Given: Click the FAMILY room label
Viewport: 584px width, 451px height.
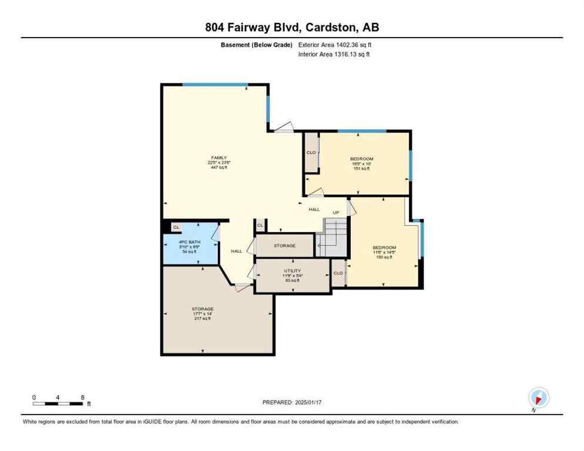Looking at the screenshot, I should pyautogui.click(x=219, y=157).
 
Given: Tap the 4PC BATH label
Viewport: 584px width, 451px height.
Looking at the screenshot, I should pyautogui.click(x=189, y=242).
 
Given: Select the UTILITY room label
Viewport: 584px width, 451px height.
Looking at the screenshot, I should pyautogui.click(x=292, y=271).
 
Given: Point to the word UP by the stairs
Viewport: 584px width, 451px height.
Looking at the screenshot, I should pyautogui.click(x=336, y=212).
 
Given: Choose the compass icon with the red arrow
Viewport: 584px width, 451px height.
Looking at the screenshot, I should pyautogui.click(x=538, y=398).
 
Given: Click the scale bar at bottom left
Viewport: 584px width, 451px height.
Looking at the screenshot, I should pyautogui.click(x=58, y=403).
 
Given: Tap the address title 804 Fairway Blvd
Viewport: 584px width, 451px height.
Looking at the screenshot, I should pyautogui.click(x=291, y=27).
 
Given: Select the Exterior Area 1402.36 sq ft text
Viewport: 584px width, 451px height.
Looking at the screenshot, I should pyautogui.click(x=334, y=45).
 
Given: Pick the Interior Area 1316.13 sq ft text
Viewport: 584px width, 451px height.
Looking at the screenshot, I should pyautogui.click(x=334, y=55).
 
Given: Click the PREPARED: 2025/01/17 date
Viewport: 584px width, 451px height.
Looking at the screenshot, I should pyautogui.click(x=291, y=402).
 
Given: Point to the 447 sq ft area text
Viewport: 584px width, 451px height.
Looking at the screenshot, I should pyautogui.click(x=219, y=167).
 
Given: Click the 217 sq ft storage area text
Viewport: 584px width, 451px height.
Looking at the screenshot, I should pyautogui.click(x=202, y=319).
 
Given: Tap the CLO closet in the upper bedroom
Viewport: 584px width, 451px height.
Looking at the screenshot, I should pyautogui.click(x=311, y=153).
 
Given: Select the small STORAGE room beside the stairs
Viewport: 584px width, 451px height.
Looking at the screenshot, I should pyautogui.click(x=284, y=245).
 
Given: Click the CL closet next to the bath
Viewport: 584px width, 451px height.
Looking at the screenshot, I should pyautogui.click(x=176, y=227).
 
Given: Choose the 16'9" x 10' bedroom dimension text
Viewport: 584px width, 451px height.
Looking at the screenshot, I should pyautogui.click(x=361, y=164).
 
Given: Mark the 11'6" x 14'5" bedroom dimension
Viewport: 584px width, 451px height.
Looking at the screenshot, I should pyautogui.click(x=384, y=253).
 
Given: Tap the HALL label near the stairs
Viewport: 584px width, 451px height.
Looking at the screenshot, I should pyautogui.click(x=314, y=209).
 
